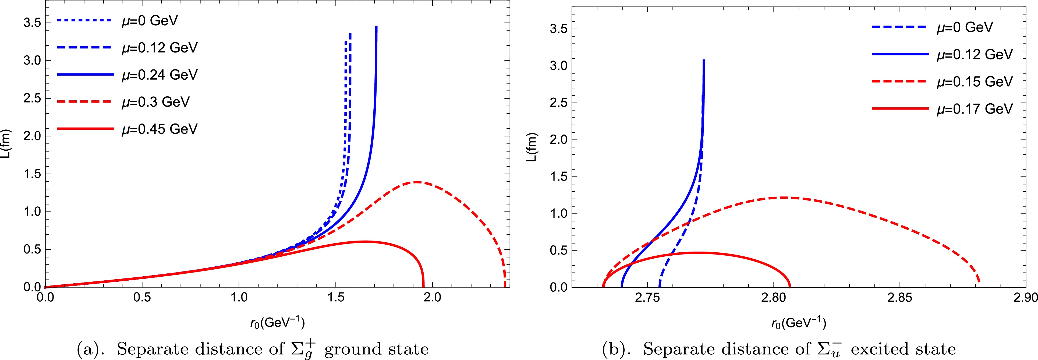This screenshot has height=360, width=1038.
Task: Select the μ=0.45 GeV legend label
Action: click(160, 129)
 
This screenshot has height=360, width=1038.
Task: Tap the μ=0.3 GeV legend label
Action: click(155, 102)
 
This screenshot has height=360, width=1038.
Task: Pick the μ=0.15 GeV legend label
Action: click(974, 82)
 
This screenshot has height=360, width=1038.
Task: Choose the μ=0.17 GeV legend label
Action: click(974, 109)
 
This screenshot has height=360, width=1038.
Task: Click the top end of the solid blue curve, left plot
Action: click(376, 27)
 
